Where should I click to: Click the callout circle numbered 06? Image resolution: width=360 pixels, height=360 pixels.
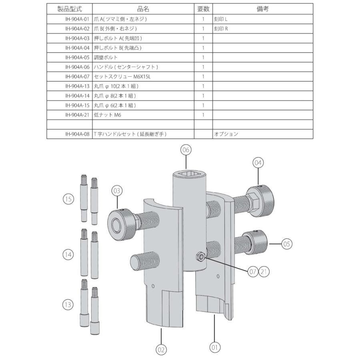[185, 150]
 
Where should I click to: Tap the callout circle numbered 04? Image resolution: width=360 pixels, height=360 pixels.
[258, 163]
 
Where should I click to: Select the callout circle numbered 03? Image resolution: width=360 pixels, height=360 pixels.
[116, 191]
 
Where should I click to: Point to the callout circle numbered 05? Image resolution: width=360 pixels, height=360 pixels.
[287, 243]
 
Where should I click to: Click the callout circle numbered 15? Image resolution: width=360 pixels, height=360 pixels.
[68, 199]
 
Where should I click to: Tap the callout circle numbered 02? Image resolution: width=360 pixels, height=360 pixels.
[160, 349]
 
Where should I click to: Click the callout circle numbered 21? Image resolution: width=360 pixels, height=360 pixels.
[264, 272]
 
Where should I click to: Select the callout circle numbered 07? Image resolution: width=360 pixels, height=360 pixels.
[252, 272]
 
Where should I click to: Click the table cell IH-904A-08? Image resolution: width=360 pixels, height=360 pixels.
[70, 134]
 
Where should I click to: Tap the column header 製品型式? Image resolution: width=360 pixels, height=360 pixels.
[70, 9]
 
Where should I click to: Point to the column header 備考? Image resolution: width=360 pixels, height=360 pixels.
[262, 9]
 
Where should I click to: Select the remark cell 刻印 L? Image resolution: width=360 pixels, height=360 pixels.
[262, 19]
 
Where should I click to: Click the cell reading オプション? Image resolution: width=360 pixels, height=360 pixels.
[262, 134]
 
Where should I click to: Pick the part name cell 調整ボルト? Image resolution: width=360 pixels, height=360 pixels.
[143, 57]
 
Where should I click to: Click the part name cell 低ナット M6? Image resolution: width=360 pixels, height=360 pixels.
[143, 115]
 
